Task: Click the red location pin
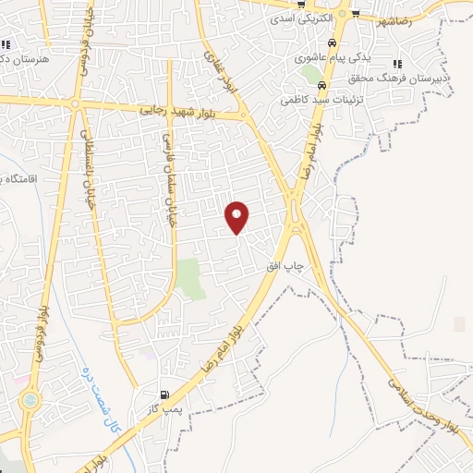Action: pyautogui.click(x=237, y=216)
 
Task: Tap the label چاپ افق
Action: pyautogui.click(x=285, y=266)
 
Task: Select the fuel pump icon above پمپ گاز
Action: pyautogui.click(x=164, y=395)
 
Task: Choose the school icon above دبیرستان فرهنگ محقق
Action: pyautogui.click(x=397, y=64)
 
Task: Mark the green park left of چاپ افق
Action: pyautogui.click(x=191, y=277)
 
